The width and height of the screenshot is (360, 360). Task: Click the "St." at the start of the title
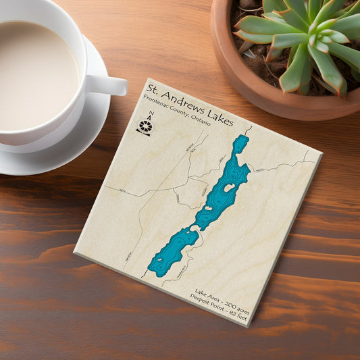[155, 90]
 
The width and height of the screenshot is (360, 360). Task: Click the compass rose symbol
[145, 126]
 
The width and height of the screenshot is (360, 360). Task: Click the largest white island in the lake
[229, 187]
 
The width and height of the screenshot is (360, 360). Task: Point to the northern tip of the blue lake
[241, 138]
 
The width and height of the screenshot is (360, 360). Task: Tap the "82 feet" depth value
[230, 319]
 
